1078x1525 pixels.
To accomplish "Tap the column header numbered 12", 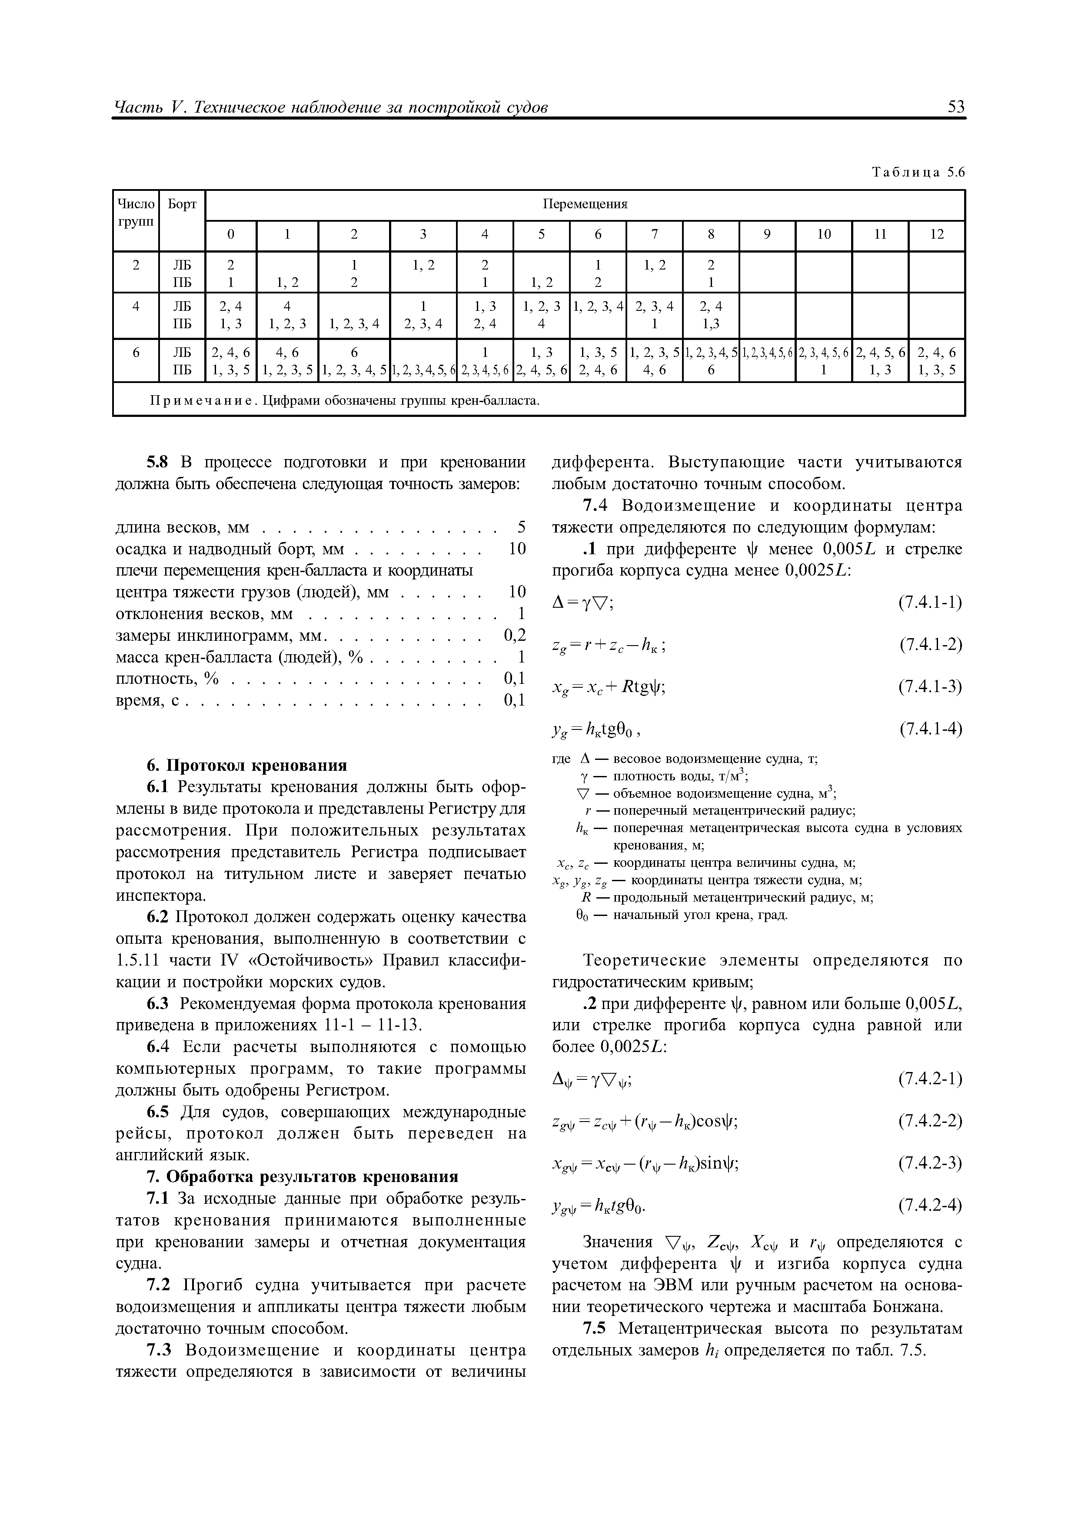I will tap(937, 235).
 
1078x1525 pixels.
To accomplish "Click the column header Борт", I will tap(182, 205).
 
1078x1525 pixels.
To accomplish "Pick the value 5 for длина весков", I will tap(522, 527).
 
